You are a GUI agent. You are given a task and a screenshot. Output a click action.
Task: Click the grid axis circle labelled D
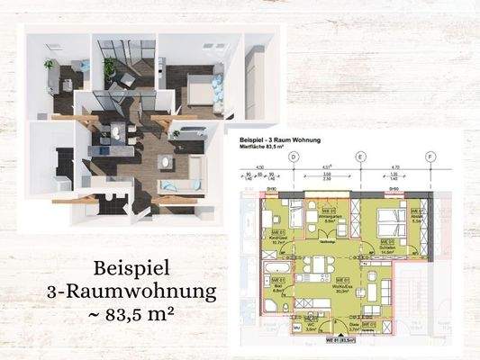pyautogui.click(x=294, y=157)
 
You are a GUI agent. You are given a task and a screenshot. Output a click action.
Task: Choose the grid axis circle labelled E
pyautogui.click(x=361, y=157)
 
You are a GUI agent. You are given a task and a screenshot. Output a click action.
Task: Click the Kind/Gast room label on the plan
pyautogui.click(x=279, y=238)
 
